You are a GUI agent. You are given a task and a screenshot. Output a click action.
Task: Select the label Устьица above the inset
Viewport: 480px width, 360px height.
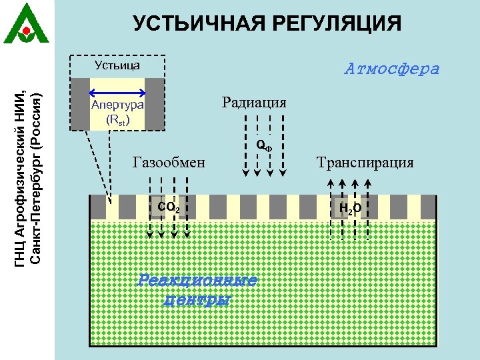[117, 65]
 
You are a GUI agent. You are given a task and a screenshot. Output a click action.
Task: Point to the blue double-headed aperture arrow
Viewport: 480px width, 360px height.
[117, 92]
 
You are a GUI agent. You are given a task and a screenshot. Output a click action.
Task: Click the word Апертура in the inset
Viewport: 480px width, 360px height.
[117, 105]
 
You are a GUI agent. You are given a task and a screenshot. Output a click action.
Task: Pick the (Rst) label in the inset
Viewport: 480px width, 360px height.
[117, 120]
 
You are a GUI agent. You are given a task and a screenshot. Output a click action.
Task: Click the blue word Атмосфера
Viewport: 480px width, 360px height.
[392, 69]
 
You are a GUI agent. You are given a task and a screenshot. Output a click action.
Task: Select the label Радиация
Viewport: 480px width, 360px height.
[254, 102]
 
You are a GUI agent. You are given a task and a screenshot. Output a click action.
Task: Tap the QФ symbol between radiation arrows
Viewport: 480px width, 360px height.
[264, 145]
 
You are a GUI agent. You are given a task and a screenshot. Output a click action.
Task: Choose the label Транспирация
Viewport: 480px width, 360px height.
[365, 162]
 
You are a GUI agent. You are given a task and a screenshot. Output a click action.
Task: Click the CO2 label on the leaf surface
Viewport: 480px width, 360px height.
[168, 208]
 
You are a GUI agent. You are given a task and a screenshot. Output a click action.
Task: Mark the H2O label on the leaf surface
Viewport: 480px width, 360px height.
[350, 209]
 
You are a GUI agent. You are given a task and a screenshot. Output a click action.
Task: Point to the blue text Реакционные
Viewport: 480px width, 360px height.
[197, 280]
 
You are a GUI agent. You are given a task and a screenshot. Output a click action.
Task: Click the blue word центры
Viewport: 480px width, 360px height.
[197, 299]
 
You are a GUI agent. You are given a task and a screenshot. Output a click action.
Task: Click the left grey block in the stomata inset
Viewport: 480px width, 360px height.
[80, 104]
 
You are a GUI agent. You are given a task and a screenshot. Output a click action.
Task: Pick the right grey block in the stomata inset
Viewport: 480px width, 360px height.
[155, 104]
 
